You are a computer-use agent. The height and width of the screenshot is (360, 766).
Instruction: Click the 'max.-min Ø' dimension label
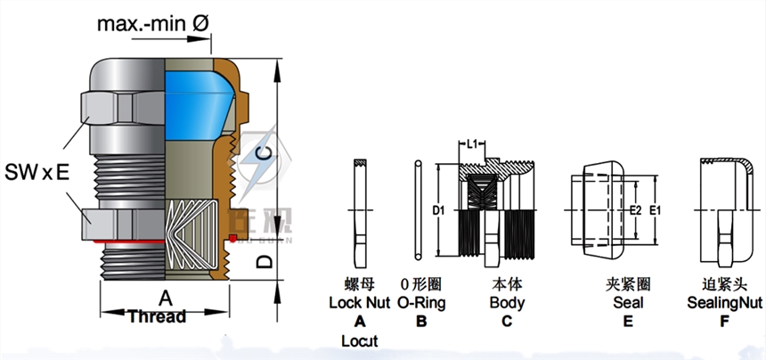[153, 24]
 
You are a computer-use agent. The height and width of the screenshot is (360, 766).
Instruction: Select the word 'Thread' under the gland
[157, 316]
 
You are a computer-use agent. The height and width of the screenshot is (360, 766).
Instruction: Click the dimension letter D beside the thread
[263, 261]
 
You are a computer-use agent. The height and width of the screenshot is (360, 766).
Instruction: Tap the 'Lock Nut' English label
[360, 303]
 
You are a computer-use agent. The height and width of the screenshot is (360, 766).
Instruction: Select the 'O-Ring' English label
[421, 303]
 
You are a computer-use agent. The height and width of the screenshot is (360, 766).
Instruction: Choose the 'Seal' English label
[628, 303]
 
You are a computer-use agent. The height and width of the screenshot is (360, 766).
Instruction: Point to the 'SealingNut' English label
[725, 303]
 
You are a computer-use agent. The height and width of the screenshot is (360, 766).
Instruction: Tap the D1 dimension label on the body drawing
[438, 211]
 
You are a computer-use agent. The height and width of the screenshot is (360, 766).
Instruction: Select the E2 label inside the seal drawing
[635, 211]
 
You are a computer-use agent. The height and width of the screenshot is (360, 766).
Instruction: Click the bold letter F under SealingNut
[723, 322]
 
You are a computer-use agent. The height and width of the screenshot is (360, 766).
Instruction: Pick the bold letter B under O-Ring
[421, 322]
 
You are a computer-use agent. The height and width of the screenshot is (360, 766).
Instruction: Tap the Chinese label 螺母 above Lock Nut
[361, 285]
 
